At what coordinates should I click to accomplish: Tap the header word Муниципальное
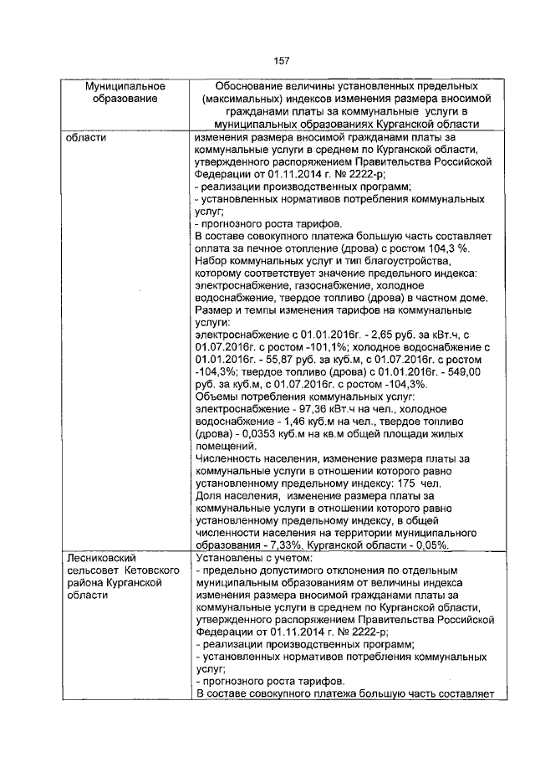[x=125, y=86]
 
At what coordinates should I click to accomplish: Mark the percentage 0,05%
[x=431, y=545]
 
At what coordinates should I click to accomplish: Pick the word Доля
[x=206, y=496]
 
